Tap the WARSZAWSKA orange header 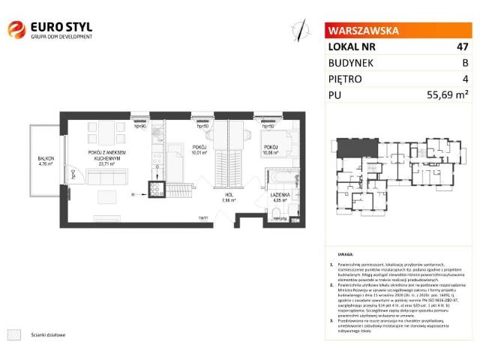pos(361,31)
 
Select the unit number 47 pos(463,47)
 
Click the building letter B pos(465,63)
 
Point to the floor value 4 pos(466,79)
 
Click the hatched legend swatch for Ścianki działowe pos(13,334)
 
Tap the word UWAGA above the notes pos(346,255)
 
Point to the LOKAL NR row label pos(352,47)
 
